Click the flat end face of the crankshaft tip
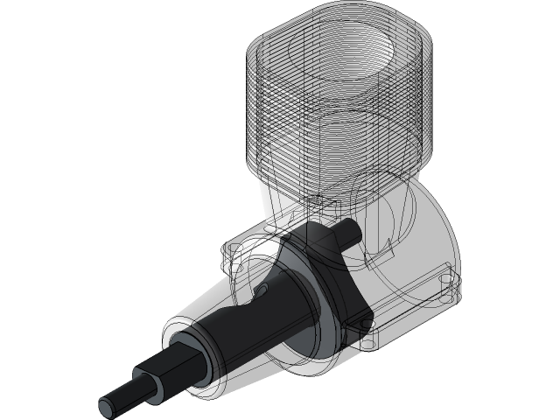(x=108, y=405)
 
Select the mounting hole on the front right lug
(x=367, y=330)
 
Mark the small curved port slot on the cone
(x=260, y=289)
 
